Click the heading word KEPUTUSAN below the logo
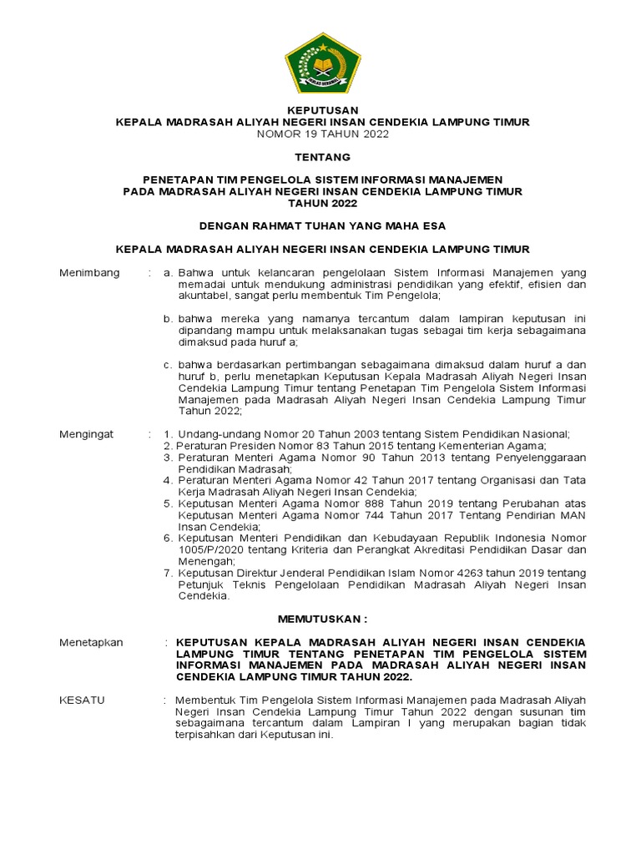321,110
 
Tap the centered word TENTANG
321,157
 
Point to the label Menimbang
89,272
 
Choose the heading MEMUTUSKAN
321,619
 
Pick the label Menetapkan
91,642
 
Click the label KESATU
82,700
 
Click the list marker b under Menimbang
167,319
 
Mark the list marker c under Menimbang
167,364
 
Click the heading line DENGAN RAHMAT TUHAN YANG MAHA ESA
321,225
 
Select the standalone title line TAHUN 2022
321,203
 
